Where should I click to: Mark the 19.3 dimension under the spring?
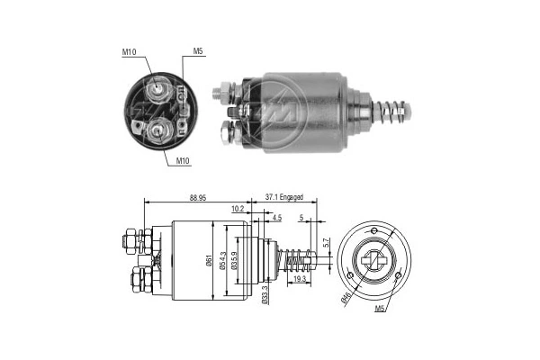tap(299, 281)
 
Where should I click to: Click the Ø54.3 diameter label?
tap(226, 262)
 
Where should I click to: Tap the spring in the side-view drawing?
tap(298, 262)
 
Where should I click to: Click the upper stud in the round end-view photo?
tap(158, 86)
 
